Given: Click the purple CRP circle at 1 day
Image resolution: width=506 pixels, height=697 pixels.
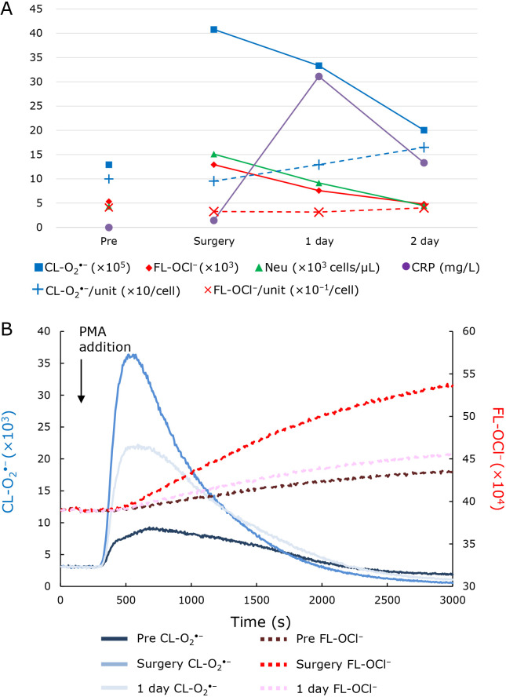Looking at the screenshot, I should point(319,76).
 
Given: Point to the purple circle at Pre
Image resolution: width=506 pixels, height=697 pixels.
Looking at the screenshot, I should point(108,227).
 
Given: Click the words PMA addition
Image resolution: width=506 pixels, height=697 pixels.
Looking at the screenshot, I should point(104,340).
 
